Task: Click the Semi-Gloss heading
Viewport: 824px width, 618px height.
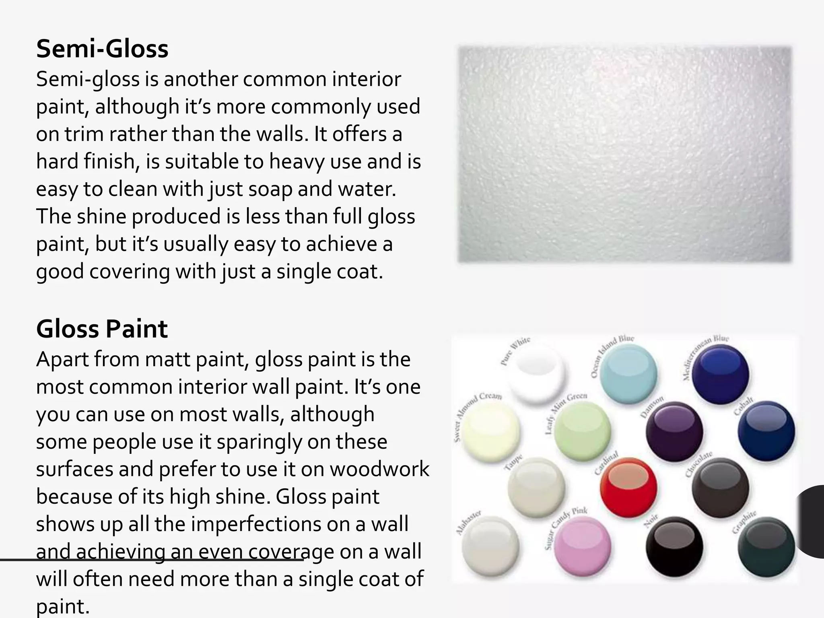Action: (102, 49)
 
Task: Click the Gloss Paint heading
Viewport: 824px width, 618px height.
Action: (102, 329)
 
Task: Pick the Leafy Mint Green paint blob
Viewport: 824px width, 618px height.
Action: (582, 431)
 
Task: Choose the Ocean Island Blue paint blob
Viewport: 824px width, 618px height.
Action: (628, 374)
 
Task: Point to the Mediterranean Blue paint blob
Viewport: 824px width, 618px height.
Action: (720, 374)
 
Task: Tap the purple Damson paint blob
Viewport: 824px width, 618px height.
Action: (674, 431)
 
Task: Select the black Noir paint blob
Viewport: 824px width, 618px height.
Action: (674, 546)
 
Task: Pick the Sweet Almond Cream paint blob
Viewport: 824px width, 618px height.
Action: (490, 431)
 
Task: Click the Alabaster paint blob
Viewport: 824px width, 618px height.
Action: (490, 546)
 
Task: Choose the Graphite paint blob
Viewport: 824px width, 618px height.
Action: (766, 546)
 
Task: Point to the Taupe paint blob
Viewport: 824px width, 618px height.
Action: (536, 488)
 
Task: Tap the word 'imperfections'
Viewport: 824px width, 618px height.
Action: (256, 524)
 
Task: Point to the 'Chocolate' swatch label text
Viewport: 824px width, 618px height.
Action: (699, 464)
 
